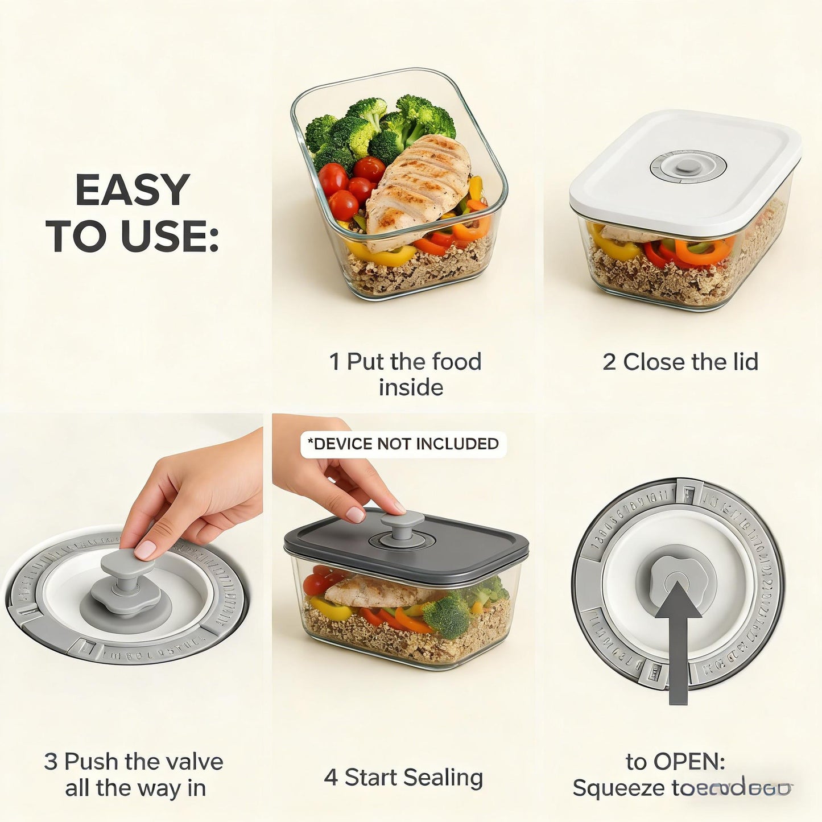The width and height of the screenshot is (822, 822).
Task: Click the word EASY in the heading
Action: click(x=132, y=190)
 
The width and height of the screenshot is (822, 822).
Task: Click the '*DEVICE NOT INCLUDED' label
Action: click(x=403, y=444)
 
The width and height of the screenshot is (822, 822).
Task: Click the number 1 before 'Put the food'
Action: click(x=335, y=362)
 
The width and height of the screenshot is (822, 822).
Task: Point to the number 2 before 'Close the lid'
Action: click(x=609, y=362)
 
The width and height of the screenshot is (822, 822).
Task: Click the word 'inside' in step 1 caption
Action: click(x=411, y=387)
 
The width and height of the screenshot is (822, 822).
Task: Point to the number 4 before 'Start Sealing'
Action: click(x=331, y=777)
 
